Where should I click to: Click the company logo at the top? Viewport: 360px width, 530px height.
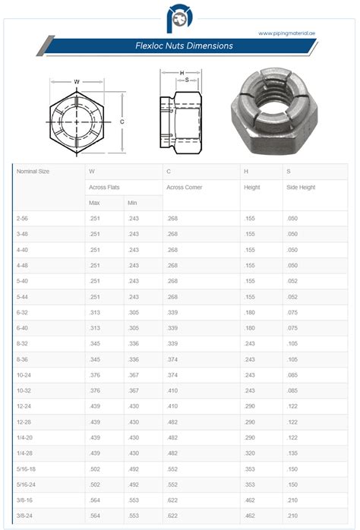coord(179,17)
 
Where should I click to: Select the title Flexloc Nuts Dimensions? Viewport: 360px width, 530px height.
coord(179,46)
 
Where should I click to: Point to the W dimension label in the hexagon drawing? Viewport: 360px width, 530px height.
coord(77,81)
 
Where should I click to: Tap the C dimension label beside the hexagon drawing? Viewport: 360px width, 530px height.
coord(122,121)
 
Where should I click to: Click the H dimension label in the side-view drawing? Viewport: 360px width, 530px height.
coord(182,73)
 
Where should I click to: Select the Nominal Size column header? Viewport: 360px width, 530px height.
coord(33,172)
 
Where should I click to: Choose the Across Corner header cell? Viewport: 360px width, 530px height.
coord(185,187)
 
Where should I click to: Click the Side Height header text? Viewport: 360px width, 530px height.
coord(300,187)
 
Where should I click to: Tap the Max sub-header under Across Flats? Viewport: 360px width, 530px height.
coord(95,203)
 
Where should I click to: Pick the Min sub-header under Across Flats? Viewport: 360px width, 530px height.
coord(132,203)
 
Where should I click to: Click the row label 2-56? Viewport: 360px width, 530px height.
coord(24,219)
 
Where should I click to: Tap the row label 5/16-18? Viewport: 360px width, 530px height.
coord(27,468)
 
